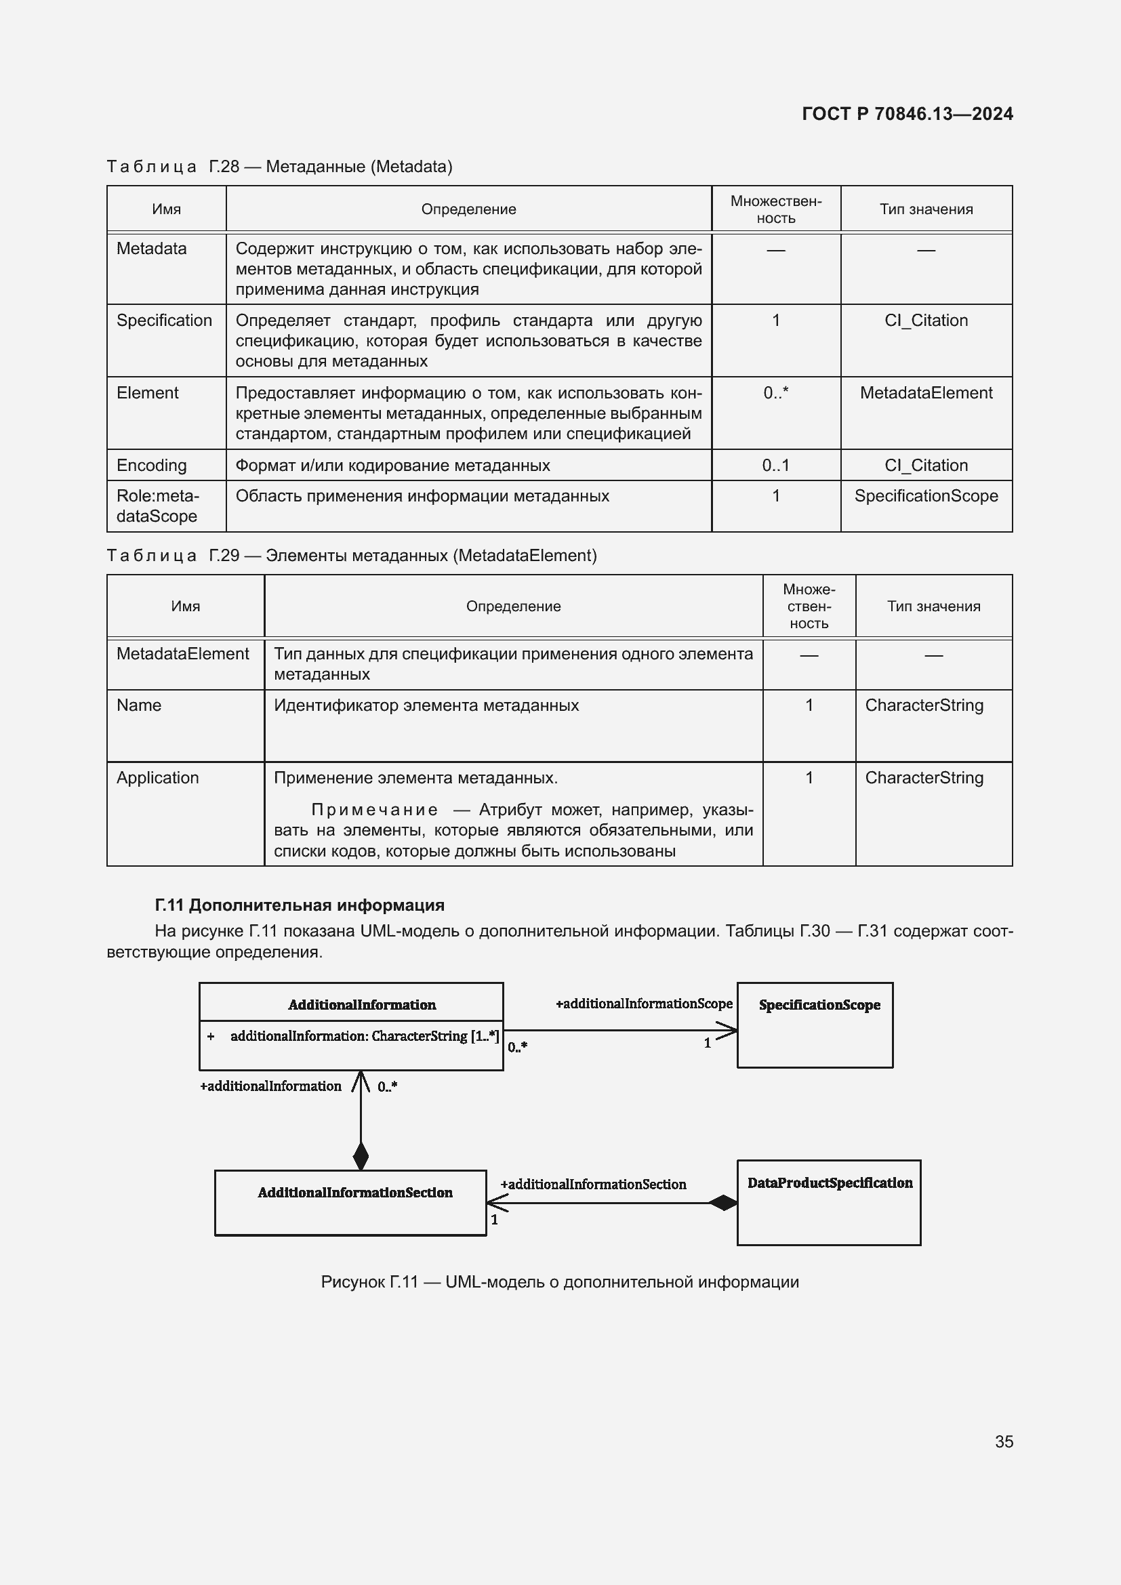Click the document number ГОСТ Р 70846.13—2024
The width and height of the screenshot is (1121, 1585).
pos(907,114)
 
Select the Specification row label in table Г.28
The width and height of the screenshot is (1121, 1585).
pos(164,321)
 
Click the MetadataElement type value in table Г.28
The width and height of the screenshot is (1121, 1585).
pos(926,393)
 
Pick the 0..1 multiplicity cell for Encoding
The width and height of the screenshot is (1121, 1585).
pos(775,466)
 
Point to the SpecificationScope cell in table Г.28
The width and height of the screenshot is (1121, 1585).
pos(926,495)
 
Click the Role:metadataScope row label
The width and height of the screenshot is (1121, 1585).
pos(157,506)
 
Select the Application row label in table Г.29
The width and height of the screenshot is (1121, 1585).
pos(157,778)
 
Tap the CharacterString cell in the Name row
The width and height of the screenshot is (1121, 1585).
pos(924,705)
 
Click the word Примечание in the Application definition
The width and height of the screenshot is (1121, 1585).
pos(374,810)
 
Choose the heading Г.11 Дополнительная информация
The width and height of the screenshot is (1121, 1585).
pos(300,905)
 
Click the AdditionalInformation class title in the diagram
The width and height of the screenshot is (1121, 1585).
pos(362,1005)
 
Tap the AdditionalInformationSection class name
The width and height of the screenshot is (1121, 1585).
pos(354,1193)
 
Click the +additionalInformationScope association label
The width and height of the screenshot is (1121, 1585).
pos(644,1004)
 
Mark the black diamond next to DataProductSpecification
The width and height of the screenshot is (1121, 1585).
pos(723,1203)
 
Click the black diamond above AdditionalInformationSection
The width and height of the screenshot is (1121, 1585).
pos(361,1155)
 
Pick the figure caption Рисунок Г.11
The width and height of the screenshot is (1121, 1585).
pos(560,1282)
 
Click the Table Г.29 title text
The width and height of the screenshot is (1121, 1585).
pos(352,556)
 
